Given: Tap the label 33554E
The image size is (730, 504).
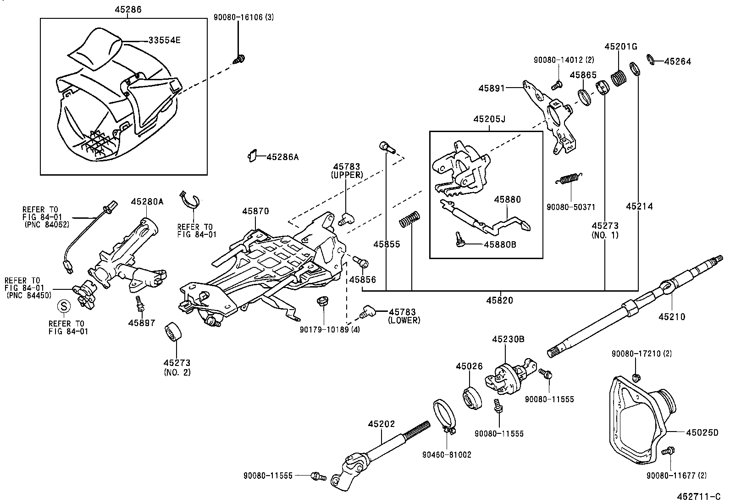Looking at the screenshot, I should click(x=164, y=40).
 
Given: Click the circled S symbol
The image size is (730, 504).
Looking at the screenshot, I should click(x=63, y=306).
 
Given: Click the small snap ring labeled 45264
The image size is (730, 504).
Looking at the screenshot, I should click(x=650, y=58).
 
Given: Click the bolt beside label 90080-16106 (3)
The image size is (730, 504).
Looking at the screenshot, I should click(x=239, y=59).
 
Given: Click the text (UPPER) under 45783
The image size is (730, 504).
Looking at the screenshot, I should click(x=347, y=175).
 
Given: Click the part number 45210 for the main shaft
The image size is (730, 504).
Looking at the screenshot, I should click(x=672, y=316).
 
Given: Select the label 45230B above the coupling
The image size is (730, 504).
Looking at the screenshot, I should click(x=508, y=339).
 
